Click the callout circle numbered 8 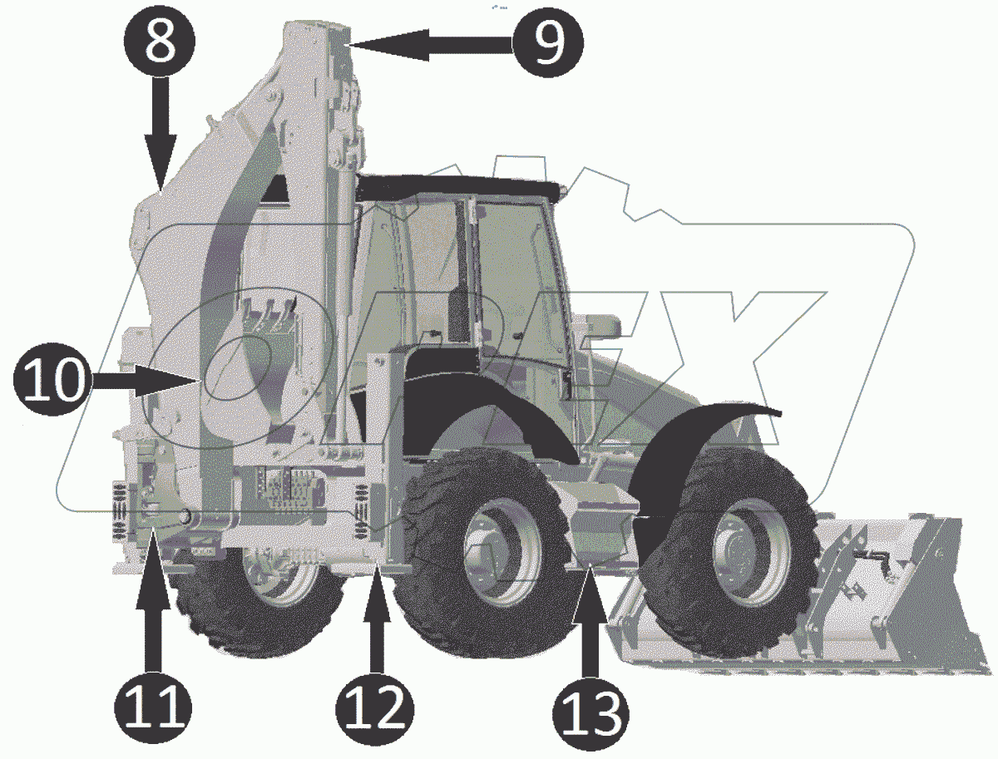pos(160,42)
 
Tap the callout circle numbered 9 pos(547,42)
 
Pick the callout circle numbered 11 pos(153,707)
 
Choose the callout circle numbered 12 pos(375,707)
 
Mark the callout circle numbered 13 pos(591,713)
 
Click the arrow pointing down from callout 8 pos(160,134)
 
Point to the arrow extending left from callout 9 pos(431,45)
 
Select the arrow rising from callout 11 pos(154,598)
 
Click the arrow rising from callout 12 pos(377,617)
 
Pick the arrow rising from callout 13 pos(590,620)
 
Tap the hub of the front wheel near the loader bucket pos(744,552)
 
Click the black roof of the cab pos(459,189)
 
